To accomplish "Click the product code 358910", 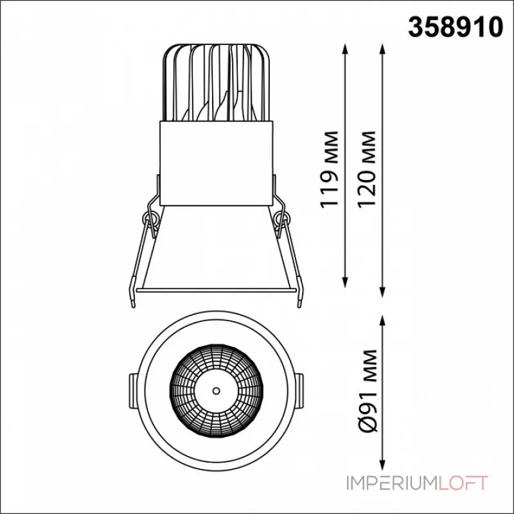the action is [x=456, y=27].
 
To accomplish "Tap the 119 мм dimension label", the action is [x=329, y=169].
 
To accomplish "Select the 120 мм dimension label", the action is [x=366, y=169].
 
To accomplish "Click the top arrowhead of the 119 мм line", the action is [x=344, y=49].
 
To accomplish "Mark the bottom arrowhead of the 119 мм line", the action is [x=344, y=282].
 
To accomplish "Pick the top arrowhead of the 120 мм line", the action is [x=382, y=49].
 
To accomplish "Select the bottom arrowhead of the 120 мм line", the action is [x=382, y=292].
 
